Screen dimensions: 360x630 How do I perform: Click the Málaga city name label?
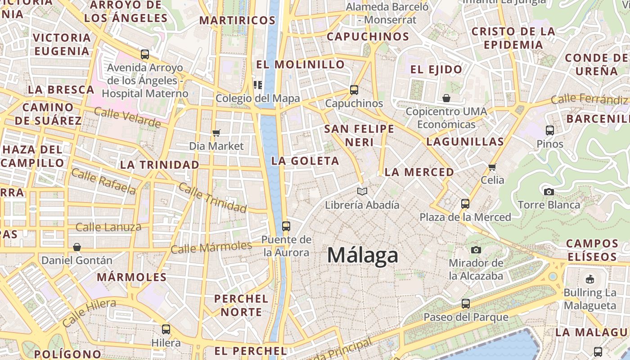pyautogui.click(x=363, y=255)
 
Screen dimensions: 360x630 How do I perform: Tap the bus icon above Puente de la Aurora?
pyautogui.click(x=286, y=226)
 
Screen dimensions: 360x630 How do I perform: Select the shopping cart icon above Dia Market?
pyautogui.click(x=216, y=133)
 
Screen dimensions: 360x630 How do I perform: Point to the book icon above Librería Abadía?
pyautogui.click(x=362, y=192)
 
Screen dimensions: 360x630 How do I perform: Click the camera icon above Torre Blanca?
pyautogui.click(x=549, y=192)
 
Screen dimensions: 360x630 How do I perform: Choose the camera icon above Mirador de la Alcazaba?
pyautogui.click(x=476, y=250)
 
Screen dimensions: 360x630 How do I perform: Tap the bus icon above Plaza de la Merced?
pyautogui.click(x=465, y=204)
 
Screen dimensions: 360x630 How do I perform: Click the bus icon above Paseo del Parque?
pyautogui.click(x=466, y=304)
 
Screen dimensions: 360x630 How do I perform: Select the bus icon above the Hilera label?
pyautogui.click(x=166, y=329)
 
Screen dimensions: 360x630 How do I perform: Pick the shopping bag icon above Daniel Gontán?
pyautogui.click(x=77, y=247)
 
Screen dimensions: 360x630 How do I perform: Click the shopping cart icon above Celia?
pyautogui.click(x=492, y=167)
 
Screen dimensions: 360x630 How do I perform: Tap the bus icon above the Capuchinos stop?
pyautogui.click(x=354, y=90)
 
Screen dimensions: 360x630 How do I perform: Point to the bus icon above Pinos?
pyautogui.click(x=549, y=130)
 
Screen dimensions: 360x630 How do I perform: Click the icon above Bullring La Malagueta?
pyautogui.click(x=589, y=279)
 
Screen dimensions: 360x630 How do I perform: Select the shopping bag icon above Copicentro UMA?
pyautogui.click(x=446, y=98)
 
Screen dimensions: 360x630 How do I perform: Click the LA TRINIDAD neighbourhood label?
pyautogui.click(x=159, y=165)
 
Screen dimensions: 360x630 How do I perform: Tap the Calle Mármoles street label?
pyautogui.click(x=211, y=247)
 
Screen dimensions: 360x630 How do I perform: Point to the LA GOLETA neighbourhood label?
pyautogui.click(x=305, y=161)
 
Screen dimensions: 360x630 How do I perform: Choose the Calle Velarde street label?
pyautogui.click(x=127, y=117)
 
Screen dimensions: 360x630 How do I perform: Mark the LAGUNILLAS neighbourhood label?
pyautogui.click(x=465, y=142)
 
